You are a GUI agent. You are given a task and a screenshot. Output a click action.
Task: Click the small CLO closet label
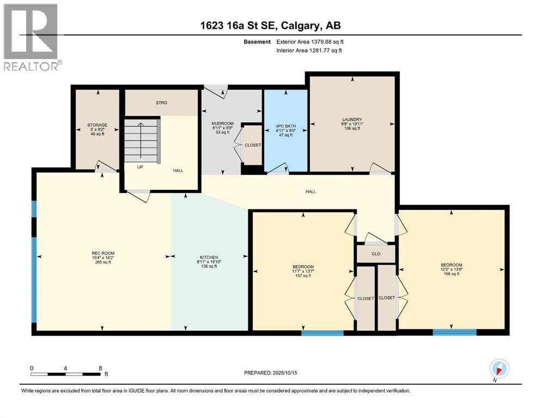(375, 254)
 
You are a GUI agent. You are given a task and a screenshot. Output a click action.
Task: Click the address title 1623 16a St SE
(270, 26)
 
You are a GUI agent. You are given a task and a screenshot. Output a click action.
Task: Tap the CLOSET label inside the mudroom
(253, 145)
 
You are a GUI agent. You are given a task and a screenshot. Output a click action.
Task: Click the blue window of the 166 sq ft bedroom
(454, 331)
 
